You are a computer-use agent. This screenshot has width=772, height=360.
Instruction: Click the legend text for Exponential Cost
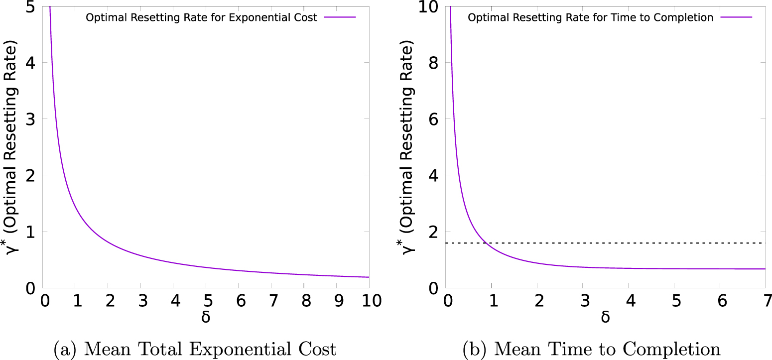pos(201,18)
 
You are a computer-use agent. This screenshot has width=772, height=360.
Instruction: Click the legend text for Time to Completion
pos(591,18)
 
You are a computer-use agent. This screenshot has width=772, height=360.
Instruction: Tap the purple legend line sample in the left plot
pos(340,17)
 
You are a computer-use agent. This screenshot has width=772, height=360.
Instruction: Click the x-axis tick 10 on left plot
pos(369,301)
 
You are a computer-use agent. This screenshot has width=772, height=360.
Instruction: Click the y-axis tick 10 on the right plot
pos(428,7)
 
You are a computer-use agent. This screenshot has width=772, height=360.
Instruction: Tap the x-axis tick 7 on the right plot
pos(765,301)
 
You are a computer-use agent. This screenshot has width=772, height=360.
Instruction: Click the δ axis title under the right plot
pos(605,318)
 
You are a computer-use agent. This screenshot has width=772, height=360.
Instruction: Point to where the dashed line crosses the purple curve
pos(486,243)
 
